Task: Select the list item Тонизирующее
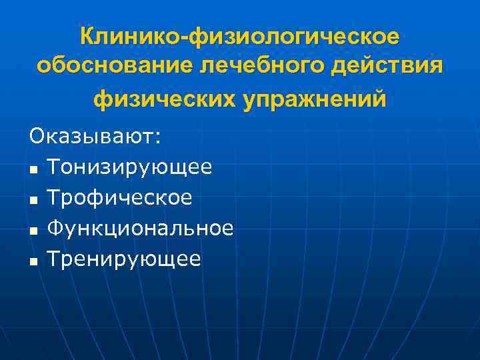pyautogui.click(x=130, y=167)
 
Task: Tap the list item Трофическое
pyautogui.click(x=120, y=198)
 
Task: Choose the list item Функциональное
pyautogui.click(x=141, y=229)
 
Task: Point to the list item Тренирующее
pyautogui.click(x=124, y=259)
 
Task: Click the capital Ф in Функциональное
pyautogui.click(x=56, y=229)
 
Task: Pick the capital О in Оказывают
pyautogui.click(x=37, y=137)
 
